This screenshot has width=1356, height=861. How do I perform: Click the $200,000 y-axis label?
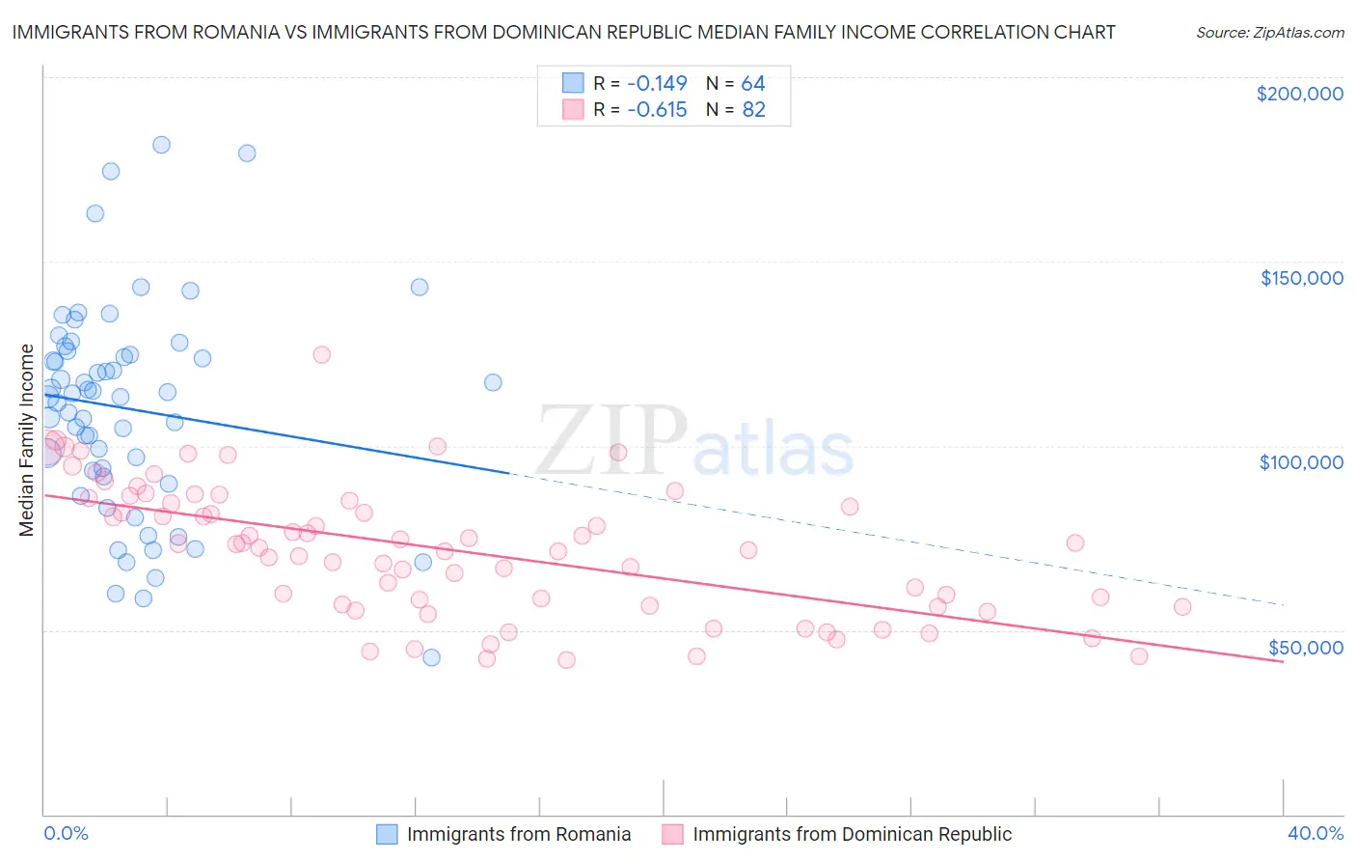click(1299, 94)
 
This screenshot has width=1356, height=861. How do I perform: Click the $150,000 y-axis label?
click(1301, 278)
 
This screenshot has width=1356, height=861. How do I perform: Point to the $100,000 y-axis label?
click(1301, 462)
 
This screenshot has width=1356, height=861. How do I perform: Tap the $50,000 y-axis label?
click(1305, 647)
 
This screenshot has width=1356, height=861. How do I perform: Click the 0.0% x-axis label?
click(66, 833)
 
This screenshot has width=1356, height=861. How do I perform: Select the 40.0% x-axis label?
click(1315, 833)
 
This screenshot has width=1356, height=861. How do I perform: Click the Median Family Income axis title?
click(27, 440)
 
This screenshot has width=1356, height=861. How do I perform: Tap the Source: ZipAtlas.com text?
click(1269, 32)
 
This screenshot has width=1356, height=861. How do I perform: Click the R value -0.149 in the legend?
click(657, 84)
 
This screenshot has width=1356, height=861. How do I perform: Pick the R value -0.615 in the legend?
click(657, 110)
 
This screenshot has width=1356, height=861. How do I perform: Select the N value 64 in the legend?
click(753, 84)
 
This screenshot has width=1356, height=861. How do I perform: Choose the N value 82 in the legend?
click(753, 110)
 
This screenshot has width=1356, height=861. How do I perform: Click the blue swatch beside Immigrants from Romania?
click(387, 834)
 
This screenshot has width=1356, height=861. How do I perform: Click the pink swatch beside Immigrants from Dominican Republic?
click(672, 834)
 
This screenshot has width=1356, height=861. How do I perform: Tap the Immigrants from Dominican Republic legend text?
click(852, 834)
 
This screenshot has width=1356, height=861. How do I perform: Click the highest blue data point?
click(162, 145)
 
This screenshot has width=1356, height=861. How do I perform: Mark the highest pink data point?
click(322, 354)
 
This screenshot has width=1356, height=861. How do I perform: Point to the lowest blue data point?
click(432, 657)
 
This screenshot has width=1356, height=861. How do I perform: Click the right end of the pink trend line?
click(1283, 662)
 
